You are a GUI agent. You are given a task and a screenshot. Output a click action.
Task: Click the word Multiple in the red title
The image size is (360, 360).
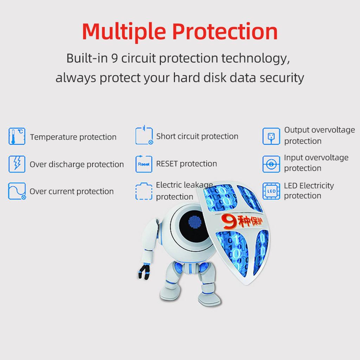pos(124,32)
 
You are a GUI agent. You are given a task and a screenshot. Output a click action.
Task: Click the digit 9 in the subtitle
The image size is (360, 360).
pos(115,58)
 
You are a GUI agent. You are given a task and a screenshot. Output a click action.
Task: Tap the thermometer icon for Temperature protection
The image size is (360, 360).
pos(17,136)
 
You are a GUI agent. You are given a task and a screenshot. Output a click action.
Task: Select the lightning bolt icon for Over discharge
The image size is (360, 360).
pos(17,164)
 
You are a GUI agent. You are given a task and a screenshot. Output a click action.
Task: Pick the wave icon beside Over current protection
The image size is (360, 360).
pos(17,191)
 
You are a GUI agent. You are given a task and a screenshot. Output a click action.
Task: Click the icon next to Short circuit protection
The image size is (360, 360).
pos(144,135)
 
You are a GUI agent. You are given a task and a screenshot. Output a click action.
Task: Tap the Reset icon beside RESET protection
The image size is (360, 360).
pos(144,164)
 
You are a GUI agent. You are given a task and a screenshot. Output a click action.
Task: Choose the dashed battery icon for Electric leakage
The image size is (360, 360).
pos(144,191)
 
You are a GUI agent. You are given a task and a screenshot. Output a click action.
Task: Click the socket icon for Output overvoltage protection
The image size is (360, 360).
pos(271,136)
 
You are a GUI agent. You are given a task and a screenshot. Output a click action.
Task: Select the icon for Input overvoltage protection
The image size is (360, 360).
pos(271,164)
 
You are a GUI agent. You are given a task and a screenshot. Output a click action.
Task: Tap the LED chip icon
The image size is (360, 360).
pos(271,191)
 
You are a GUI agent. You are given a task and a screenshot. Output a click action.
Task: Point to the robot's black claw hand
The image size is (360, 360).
pos(144,272)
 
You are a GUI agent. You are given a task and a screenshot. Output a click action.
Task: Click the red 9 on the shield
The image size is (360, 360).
pos(229,222)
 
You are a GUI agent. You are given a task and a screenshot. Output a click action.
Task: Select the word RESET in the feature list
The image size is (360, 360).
pos(167,164)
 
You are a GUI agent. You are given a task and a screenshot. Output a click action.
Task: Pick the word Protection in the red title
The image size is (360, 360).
pos(225,32)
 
